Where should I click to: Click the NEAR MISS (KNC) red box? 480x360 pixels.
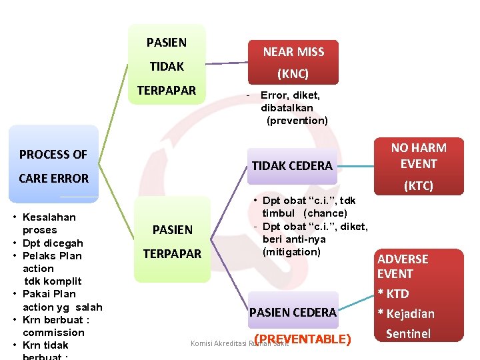click(x=293, y=63)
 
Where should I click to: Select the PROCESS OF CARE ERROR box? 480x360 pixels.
click(x=53, y=165)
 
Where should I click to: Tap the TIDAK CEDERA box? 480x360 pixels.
click(x=291, y=165)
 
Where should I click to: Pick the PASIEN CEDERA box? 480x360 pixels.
click(x=292, y=312)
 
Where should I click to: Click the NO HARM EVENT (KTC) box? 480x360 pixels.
click(x=419, y=165)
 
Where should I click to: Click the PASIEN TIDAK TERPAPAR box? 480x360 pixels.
click(x=167, y=65)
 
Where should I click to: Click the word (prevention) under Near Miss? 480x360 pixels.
click(x=297, y=121)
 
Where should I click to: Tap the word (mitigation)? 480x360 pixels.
click(x=291, y=251)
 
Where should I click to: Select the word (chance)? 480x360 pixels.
click(x=325, y=213)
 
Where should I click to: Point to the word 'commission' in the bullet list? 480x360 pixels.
click(x=53, y=332)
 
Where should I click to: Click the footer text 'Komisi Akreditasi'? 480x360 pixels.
click(x=217, y=343)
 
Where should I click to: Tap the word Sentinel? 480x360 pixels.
click(x=408, y=333)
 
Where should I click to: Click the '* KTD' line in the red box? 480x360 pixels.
click(x=393, y=293)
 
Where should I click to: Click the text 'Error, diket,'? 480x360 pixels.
click(x=290, y=95)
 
